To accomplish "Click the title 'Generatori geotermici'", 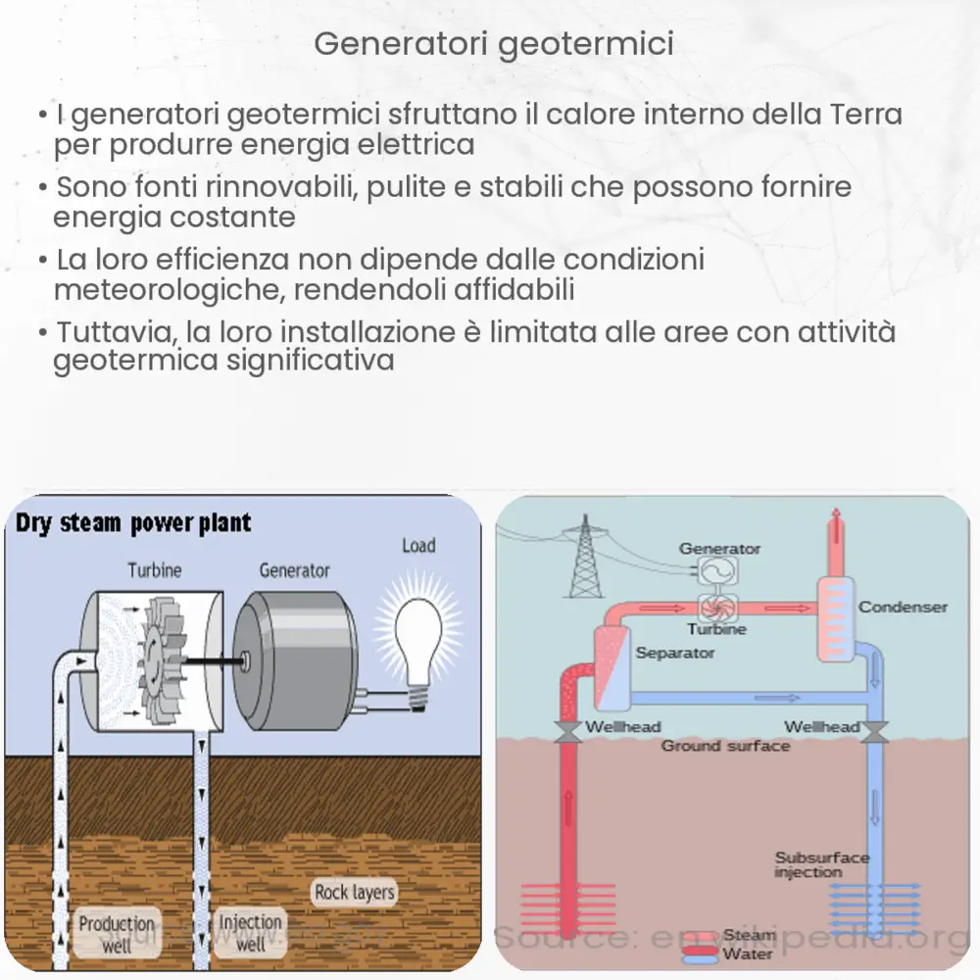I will click(x=494, y=44).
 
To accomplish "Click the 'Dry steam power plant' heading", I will click(x=133, y=522).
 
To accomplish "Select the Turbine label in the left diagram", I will click(x=154, y=569).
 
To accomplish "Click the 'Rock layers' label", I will click(x=355, y=892).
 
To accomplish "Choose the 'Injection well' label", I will click(x=250, y=932).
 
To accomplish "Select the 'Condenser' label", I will click(x=903, y=607).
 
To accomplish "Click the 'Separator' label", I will click(x=675, y=652).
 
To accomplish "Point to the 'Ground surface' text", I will click(x=725, y=746).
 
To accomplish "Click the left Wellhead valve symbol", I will click(x=566, y=731).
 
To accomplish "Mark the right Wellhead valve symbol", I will click(x=875, y=731).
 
